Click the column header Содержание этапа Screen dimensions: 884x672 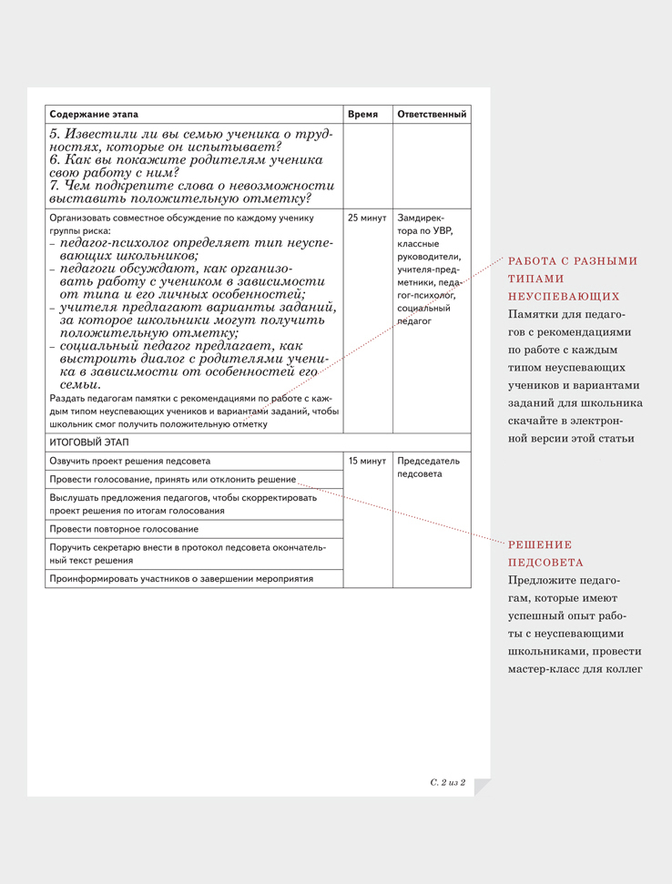(94, 115)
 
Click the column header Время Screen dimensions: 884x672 (362, 115)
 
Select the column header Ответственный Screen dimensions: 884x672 (432, 115)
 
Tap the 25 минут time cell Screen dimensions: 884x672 (367, 218)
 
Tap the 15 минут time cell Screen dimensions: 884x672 (367, 461)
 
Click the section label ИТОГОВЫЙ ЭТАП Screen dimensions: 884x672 (89, 442)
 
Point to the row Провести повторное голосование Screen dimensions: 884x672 (124, 529)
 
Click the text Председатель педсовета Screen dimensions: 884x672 (428, 467)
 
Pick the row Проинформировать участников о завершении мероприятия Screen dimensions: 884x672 (181, 579)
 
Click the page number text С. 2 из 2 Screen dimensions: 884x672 (447, 782)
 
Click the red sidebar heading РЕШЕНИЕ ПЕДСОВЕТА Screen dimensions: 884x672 (546, 553)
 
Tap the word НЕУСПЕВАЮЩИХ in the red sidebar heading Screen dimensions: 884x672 (564, 296)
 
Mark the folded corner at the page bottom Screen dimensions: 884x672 (482, 787)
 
